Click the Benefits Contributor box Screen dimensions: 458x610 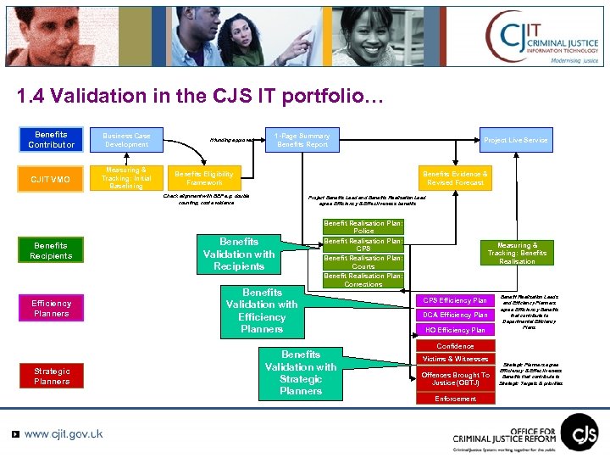click(51, 139)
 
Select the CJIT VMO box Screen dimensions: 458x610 click(51, 179)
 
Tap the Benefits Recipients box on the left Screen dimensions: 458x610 click(51, 250)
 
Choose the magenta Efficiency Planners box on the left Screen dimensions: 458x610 click(51, 309)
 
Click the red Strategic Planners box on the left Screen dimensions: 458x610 click(51, 376)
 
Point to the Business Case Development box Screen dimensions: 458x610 click(126, 140)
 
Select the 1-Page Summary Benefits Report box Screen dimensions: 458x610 click(302, 140)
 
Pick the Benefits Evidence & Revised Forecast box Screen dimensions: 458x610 click(456, 178)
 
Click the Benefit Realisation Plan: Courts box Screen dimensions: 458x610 click(363, 262)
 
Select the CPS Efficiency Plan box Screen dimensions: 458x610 click(456, 300)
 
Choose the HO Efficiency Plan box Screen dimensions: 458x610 click(456, 330)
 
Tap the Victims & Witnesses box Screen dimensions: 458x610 click(456, 360)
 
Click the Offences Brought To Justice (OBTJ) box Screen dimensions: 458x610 click(456, 379)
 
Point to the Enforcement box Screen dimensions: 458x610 click(456, 399)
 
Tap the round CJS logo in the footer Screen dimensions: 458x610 click(579, 431)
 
